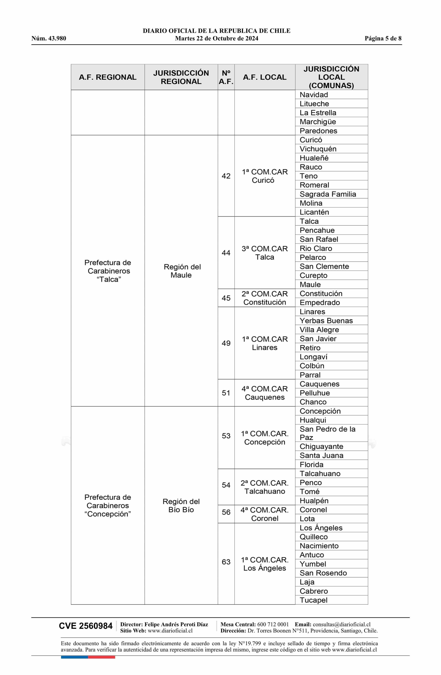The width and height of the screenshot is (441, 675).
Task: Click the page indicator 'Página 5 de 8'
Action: [x=383, y=39]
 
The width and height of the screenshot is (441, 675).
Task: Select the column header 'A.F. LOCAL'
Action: [x=264, y=77]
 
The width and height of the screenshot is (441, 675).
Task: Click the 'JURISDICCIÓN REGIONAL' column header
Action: [x=181, y=77]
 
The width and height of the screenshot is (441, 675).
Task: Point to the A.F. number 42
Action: [x=226, y=176]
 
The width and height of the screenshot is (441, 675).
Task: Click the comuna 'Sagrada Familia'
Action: [x=328, y=194]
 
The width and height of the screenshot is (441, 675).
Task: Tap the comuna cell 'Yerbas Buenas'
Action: [x=326, y=321]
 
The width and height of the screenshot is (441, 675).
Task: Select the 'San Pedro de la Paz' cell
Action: [x=327, y=433]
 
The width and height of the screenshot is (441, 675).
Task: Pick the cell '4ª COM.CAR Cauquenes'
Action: [x=264, y=393]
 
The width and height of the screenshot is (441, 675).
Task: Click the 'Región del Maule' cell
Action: [x=181, y=271]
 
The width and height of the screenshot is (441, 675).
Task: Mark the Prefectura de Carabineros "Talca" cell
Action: [x=108, y=271]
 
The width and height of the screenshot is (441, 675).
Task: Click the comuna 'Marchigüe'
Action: [x=318, y=122]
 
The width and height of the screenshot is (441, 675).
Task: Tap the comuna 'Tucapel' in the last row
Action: [x=314, y=600]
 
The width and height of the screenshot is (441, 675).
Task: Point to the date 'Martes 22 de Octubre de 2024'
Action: [x=217, y=39]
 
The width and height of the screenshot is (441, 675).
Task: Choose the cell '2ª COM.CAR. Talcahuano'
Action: [x=264, y=487]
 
